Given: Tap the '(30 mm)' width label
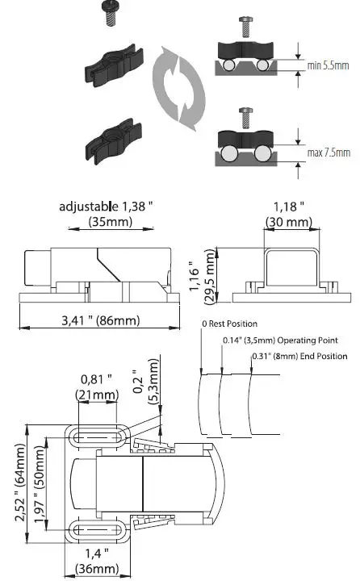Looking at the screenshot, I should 287,221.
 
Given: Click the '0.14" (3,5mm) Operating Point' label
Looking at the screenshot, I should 279,341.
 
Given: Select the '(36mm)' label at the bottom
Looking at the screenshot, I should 97,569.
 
